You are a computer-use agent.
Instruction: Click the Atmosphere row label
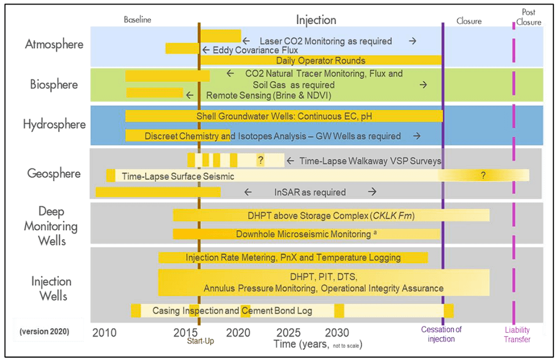tap(54, 45)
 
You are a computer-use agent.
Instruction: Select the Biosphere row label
tap(54, 85)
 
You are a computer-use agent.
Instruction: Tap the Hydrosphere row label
tap(54, 124)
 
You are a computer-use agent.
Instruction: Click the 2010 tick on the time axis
tap(104, 333)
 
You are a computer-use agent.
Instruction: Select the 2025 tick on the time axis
tap(288, 333)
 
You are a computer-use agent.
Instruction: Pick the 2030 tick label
tap(337, 333)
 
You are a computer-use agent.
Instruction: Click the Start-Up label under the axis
tap(200, 341)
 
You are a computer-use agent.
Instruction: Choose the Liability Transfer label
tap(516, 334)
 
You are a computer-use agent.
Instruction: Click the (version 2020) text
tap(44, 332)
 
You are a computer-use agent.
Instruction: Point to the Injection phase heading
tap(316, 20)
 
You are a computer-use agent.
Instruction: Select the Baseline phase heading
tap(137, 20)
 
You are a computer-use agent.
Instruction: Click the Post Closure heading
tap(528, 18)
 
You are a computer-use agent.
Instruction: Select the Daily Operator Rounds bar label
tap(321, 60)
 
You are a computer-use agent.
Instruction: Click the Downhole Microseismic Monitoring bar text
tap(303, 234)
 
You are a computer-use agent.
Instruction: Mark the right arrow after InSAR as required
tap(372, 192)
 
